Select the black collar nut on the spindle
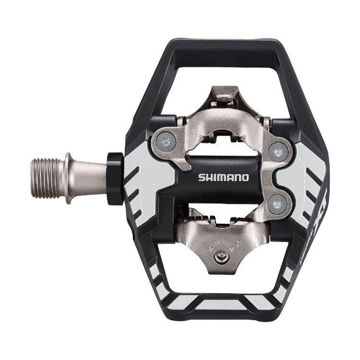[x=115, y=178]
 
